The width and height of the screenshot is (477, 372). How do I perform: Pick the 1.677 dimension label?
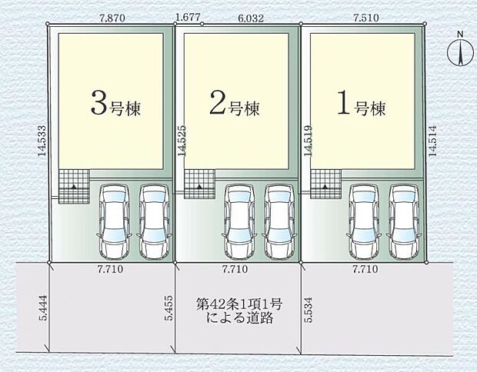[x=188, y=15]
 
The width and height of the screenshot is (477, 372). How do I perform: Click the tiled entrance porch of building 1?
[x=325, y=185]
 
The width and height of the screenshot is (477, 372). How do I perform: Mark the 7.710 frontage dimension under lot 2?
[x=235, y=271]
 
